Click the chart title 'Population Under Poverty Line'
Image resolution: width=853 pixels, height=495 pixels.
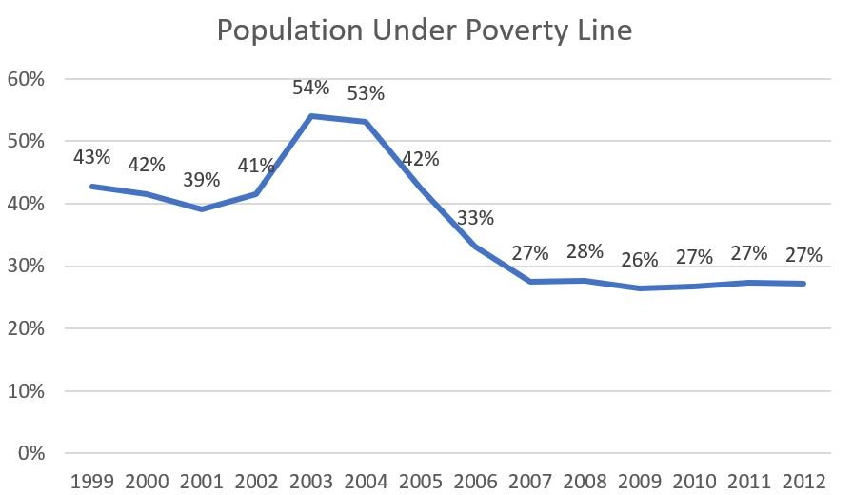425,30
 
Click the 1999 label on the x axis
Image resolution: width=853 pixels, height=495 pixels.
92,480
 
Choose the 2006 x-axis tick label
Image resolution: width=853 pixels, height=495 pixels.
475,480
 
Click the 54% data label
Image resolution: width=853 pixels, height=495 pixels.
311,89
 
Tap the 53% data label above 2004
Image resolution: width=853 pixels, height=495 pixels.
366,93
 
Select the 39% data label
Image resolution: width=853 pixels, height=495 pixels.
202,180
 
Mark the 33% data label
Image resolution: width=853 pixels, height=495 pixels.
475,218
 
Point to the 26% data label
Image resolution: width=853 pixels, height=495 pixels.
639,259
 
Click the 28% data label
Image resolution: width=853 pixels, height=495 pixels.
585,251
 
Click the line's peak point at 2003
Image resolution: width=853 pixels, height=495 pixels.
311,116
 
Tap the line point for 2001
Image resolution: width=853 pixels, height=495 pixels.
202,209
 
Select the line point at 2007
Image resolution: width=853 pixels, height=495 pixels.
529,282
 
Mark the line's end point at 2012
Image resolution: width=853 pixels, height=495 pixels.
803,284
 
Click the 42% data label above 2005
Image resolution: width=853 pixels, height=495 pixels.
421,159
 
